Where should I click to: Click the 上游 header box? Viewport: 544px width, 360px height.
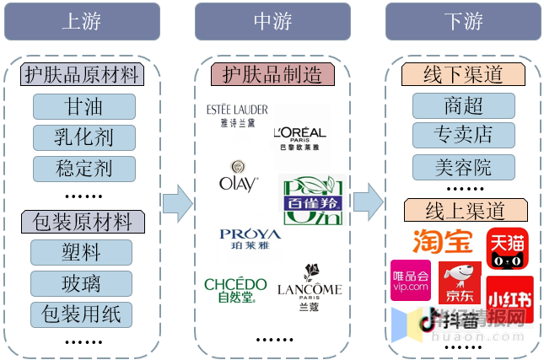click(x=82, y=22)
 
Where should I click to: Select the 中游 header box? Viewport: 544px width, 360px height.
click(x=272, y=22)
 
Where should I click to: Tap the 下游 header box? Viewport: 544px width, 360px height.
click(x=463, y=22)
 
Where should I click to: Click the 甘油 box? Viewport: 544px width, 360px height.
click(x=83, y=107)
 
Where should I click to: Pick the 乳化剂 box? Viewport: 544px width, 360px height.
click(x=83, y=137)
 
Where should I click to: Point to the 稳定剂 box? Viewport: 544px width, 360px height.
click(x=83, y=168)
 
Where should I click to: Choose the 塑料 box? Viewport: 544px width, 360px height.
click(x=81, y=252)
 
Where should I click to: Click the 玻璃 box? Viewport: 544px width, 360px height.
click(x=81, y=282)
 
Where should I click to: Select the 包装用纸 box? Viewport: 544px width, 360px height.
click(x=81, y=314)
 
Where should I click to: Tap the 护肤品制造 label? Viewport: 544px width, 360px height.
click(x=272, y=74)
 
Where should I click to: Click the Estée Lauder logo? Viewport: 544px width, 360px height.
click(x=237, y=115)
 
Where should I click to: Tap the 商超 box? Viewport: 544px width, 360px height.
click(x=463, y=105)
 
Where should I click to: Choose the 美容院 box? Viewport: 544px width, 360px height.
click(x=463, y=167)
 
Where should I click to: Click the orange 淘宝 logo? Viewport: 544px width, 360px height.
click(x=441, y=241)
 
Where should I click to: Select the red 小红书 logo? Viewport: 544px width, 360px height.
click(x=509, y=298)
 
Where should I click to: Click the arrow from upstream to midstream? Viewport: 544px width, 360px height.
click(x=177, y=201)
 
